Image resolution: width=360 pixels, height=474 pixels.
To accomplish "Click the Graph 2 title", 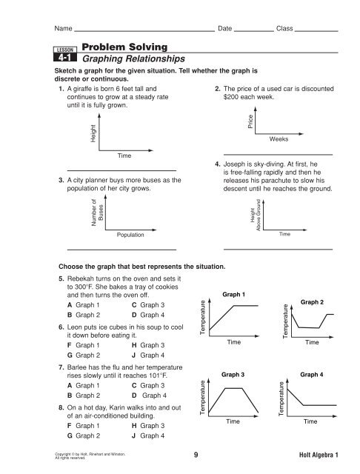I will pyautogui.click(x=311, y=302).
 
